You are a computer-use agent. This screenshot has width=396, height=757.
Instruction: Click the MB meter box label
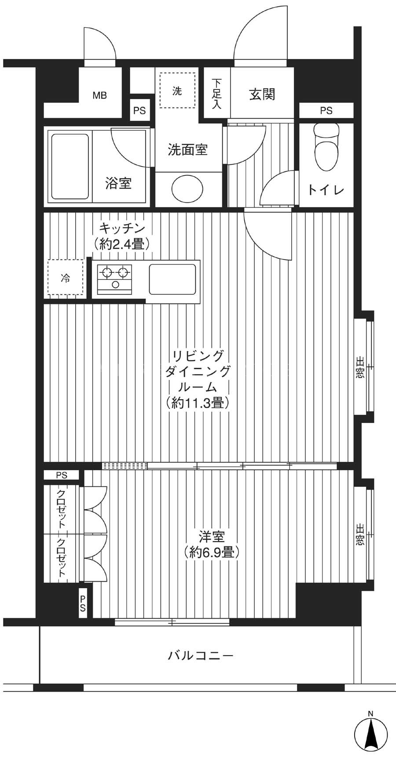(99, 95)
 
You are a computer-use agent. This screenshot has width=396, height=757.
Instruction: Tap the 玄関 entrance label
(262, 94)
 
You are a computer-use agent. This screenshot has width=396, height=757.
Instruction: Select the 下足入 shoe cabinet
(216, 93)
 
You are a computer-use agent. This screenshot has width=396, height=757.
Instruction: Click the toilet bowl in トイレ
(327, 147)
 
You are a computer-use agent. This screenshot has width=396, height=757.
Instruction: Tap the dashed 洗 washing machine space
(177, 91)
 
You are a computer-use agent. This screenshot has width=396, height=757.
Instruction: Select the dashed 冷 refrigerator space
(65, 278)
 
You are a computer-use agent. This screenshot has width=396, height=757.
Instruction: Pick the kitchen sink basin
(172, 279)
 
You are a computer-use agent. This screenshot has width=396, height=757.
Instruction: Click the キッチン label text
(122, 228)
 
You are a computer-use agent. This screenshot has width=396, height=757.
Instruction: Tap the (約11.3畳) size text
(198, 402)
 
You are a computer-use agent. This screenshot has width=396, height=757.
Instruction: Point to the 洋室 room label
(212, 537)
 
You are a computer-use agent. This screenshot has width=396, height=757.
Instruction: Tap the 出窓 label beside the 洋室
(360, 534)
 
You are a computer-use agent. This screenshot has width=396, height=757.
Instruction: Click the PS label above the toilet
(326, 111)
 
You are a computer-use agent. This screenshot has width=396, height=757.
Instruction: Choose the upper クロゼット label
(61, 509)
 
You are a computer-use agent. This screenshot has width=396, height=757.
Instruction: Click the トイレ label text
(326, 190)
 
